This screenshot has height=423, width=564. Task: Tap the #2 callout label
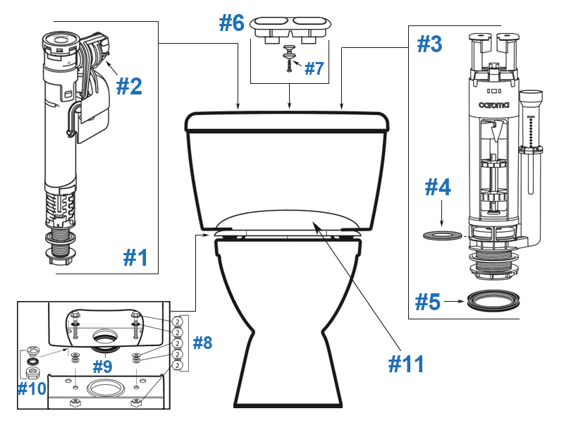pyautogui.click(x=129, y=86)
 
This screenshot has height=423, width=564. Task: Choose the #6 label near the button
pyautogui.click(x=231, y=23)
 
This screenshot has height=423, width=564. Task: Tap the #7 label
pyautogui.click(x=314, y=68)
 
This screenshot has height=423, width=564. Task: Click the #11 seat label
pyautogui.click(x=407, y=364)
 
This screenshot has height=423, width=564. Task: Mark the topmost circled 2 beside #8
pyautogui.click(x=179, y=321)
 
